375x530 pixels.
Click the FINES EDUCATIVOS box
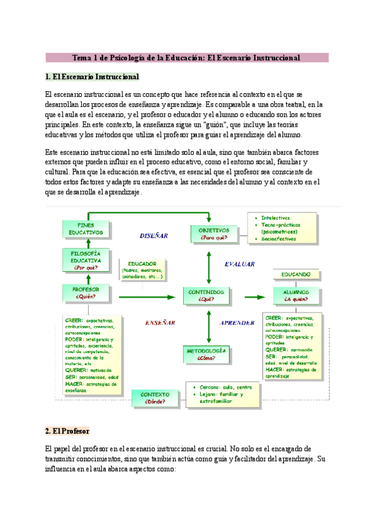coord(81,229)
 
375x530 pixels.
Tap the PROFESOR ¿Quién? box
coord(86,292)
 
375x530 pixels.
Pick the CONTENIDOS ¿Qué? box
coord(207,295)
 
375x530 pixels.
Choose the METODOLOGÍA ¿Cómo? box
coord(207,354)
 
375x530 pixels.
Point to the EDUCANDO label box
coord(296,274)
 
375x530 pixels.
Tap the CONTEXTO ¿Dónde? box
coord(154,399)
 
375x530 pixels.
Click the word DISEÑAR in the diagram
coord(154,236)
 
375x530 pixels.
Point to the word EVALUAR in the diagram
coord(239,264)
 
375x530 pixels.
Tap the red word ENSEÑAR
coord(160,323)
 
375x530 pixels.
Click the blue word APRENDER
coord(237,323)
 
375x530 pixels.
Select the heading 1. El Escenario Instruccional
coord(92,77)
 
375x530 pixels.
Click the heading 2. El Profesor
coord(67,431)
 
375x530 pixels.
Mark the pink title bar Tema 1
coord(187,57)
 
